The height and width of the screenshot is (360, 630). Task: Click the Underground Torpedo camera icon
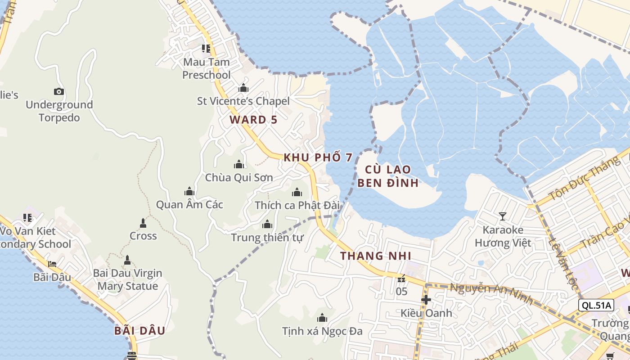[59, 92]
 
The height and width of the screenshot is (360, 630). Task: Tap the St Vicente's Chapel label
[243, 101]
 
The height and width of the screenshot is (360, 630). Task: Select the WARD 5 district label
[253, 120]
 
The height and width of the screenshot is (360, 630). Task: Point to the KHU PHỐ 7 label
[318, 157]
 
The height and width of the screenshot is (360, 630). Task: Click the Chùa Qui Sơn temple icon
[239, 165]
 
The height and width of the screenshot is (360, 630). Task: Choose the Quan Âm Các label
[189, 205]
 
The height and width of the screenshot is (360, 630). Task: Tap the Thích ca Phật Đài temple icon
[297, 193]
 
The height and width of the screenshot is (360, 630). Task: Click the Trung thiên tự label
[267, 237]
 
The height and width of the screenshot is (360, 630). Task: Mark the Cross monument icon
[143, 223]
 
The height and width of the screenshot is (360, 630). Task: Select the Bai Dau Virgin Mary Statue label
[127, 279]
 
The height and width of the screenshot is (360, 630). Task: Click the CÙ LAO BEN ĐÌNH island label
[388, 176]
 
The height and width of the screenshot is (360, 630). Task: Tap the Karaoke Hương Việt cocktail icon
[502, 216]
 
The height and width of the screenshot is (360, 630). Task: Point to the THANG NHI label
[376, 256]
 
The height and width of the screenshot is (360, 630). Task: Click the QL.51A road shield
[596, 305]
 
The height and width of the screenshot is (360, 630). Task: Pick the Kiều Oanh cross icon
[426, 300]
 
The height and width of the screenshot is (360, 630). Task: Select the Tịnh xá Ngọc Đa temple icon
[322, 318]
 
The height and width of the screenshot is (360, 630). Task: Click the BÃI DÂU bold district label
[139, 331]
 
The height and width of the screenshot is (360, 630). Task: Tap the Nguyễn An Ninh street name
[491, 294]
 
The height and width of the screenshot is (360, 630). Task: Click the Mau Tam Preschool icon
[206, 48]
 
